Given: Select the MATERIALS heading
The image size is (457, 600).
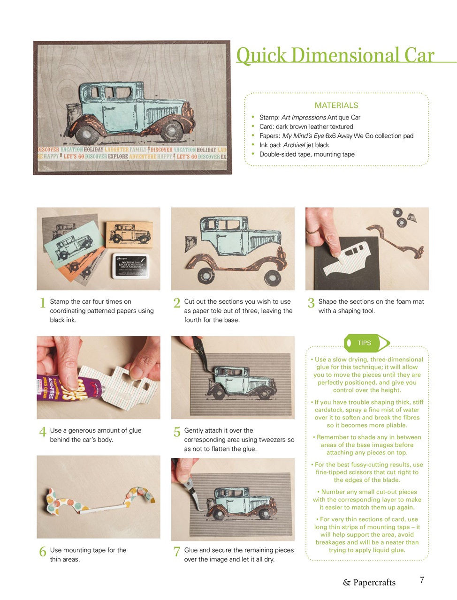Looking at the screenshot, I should [336, 105].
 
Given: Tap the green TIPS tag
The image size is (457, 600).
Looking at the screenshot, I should [365, 343].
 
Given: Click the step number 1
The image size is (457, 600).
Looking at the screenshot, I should [42, 303].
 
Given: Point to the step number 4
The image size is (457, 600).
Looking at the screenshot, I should [42, 432].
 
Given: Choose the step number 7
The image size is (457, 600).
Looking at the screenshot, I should [177, 552].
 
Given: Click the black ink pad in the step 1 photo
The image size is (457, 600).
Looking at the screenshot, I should [131, 266].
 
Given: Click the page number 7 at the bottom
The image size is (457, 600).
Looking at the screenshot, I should [422, 580].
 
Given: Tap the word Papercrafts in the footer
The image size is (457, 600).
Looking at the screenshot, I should [374, 583].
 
